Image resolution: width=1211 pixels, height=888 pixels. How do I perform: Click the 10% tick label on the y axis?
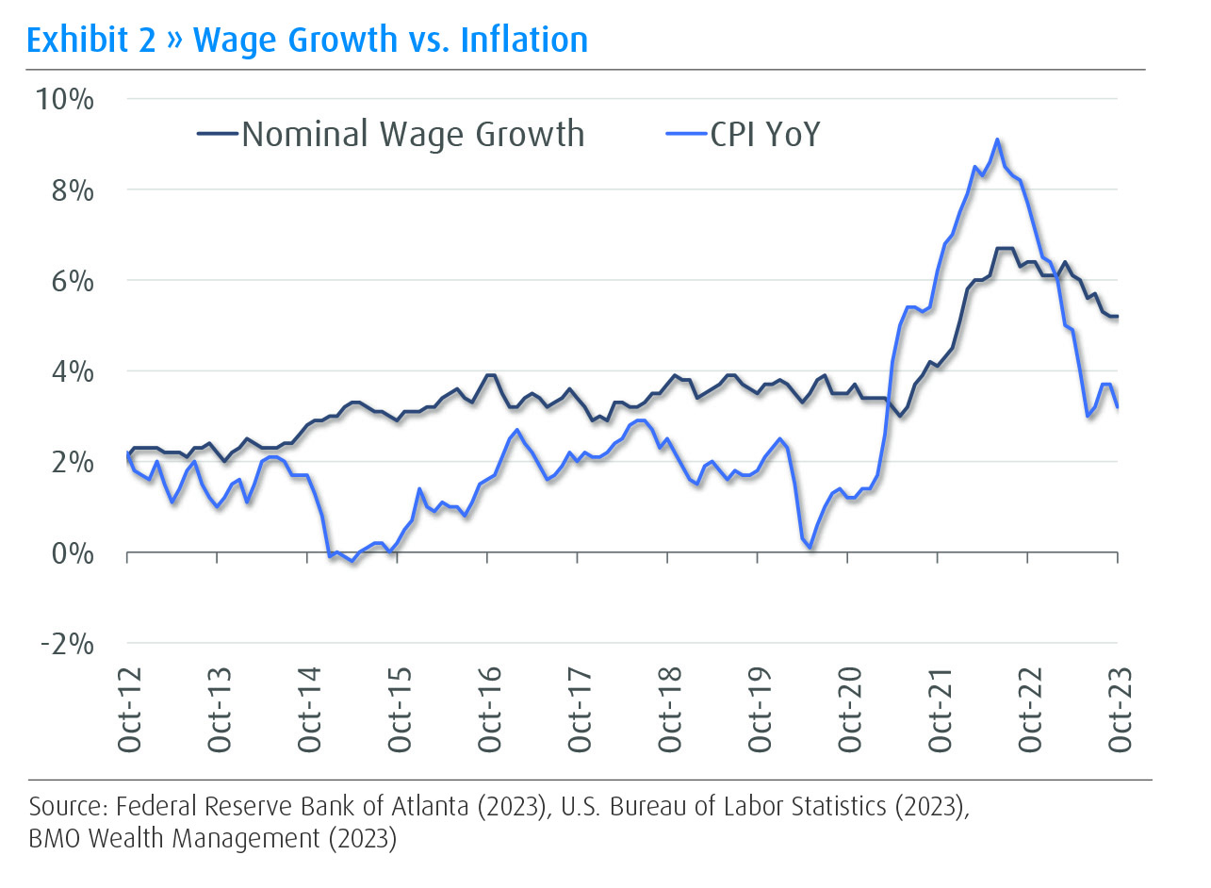pos(65,99)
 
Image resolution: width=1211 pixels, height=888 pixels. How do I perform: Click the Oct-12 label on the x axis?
pos(129,710)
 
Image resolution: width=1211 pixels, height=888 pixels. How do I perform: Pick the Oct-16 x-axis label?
pos(489,710)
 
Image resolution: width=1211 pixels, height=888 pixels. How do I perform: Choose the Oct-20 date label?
pos(850,710)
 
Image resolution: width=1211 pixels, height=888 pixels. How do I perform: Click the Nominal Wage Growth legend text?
pos(413,134)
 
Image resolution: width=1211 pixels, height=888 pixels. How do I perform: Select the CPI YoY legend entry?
pos(765,134)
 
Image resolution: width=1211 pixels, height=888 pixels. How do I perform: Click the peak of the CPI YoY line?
pos(996,140)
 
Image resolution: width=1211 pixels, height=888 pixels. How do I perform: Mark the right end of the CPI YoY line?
pos(1118,407)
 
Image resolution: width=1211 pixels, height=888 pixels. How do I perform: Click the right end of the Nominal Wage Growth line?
pos(1118,316)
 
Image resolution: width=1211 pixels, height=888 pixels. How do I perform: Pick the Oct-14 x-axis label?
pos(309,710)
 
